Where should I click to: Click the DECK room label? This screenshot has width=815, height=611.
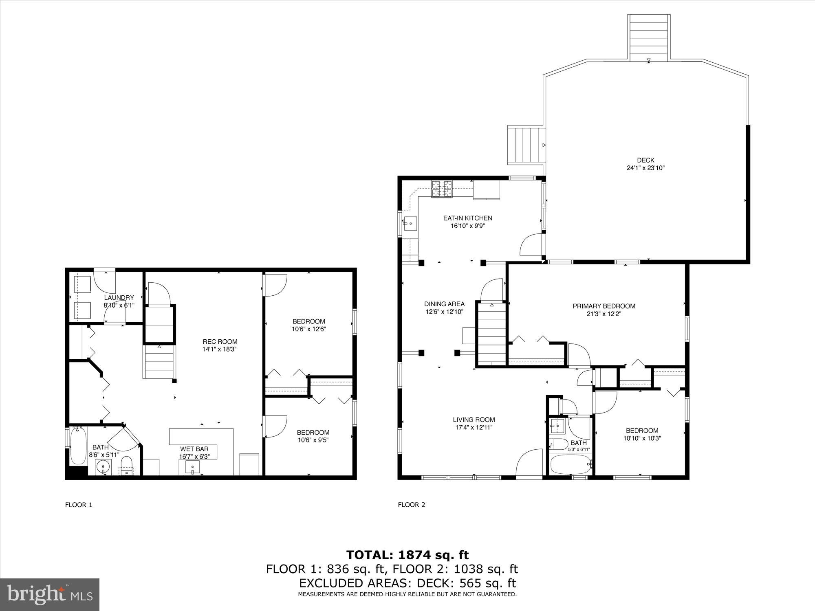tap(645, 160)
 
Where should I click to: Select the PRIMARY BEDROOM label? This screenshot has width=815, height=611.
tap(604, 306)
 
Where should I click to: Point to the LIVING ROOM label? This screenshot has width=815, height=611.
tap(474, 420)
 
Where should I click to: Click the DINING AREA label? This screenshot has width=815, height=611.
tap(444, 304)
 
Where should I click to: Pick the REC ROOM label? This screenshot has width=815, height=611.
tap(220, 342)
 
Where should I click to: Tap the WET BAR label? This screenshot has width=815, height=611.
tap(194, 449)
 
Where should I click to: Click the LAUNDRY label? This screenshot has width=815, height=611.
tap(119, 298)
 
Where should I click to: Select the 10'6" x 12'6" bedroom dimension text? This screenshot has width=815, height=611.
tap(308, 329)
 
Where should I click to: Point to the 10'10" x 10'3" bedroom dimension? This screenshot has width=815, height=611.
tap(642, 438)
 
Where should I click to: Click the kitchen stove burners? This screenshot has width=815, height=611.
tap(442, 189)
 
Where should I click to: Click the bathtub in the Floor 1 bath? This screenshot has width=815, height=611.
tap(78, 446)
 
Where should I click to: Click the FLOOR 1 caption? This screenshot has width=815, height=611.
tap(79, 505)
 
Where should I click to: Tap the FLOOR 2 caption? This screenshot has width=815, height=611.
tap(412, 505)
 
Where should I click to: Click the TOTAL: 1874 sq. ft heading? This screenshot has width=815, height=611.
tap(407, 555)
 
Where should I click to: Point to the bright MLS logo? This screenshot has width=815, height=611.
tap(50, 594)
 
